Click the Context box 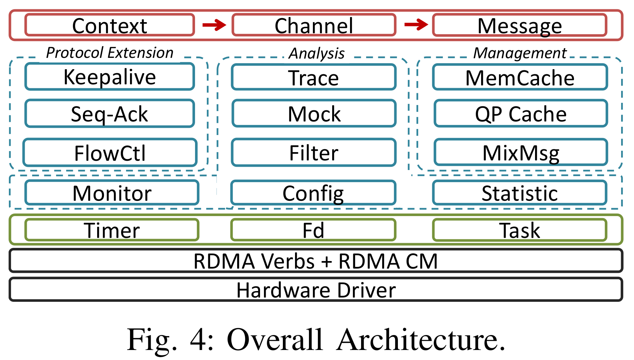pyautogui.click(x=109, y=25)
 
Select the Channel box pyautogui.click(x=314, y=25)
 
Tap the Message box pyautogui.click(x=519, y=25)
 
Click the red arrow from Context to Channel pyautogui.click(x=214, y=25)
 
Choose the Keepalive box pyautogui.click(x=109, y=77)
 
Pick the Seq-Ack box pyautogui.click(x=109, y=114)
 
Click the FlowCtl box pyautogui.click(x=109, y=153)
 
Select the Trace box pyautogui.click(x=314, y=77)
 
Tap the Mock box pyautogui.click(x=314, y=114)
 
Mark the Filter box pyautogui.click(x=314, y=153)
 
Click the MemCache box pyautogui.click(x=520, y=77)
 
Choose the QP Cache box pyautogui.click(x=520, y=114)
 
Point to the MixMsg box pyautogui.click(x=520, y=153)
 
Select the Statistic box pyautogui.click(x=519, y=193)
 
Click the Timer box pyautogui.click(x=111, y=230)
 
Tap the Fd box pyautogui.click(x=313, y=230)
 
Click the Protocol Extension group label pyautogui.click(x=109, y=53)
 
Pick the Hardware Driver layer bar pyautogui.click(x=316, y=290)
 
